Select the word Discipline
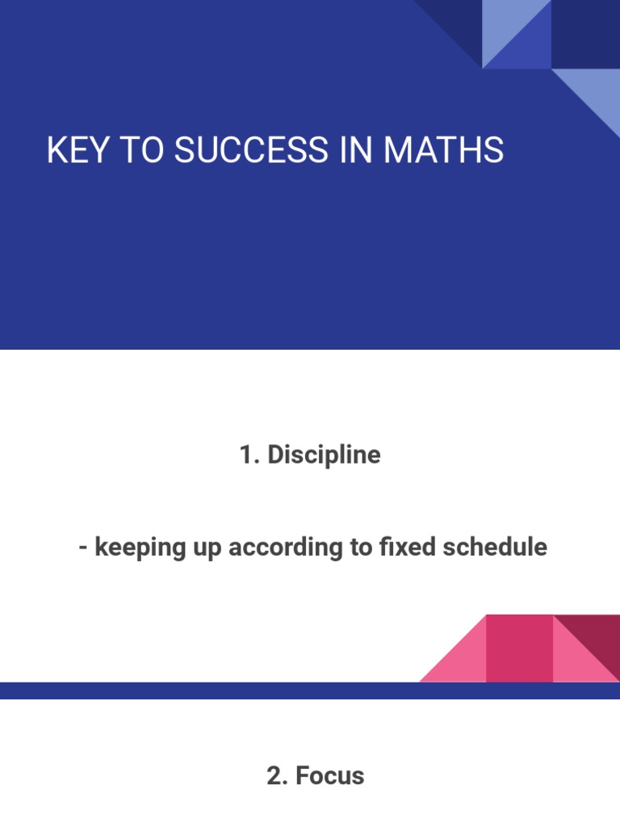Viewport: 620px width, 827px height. tap(324, 455)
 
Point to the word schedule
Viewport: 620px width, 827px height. tap(495, 548)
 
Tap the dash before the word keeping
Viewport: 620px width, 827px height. tap(83, 548)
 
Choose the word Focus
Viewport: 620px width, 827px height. tap(329, 776)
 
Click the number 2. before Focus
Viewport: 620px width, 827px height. tap(277, 776)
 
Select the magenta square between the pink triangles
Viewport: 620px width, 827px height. tap(519, 648)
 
